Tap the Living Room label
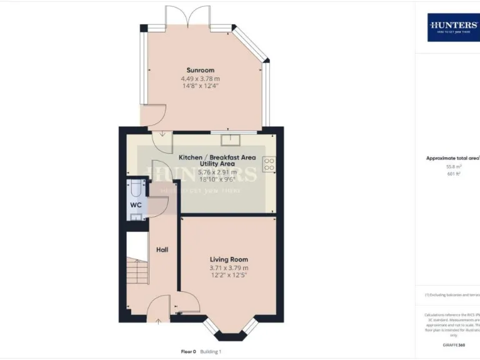point(229,259)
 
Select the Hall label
point(162,250)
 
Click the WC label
point(136,205)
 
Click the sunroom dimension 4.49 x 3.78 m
point(201,79)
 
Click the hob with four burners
point(269,164)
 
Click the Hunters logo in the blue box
point(453,26)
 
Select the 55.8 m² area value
point(453,167)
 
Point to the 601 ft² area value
point(453,174)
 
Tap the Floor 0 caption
point(184,352)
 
